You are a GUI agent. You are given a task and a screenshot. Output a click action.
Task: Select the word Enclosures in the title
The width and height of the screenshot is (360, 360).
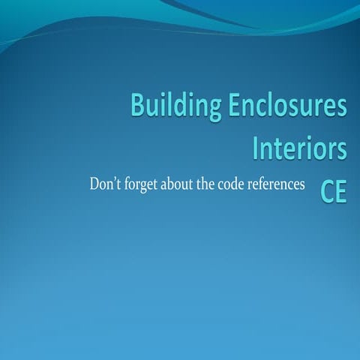287,107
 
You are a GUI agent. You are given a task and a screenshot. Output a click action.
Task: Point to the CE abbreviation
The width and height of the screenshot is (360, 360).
334,190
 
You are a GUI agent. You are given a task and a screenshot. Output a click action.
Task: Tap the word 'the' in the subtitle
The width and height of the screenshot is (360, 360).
207,184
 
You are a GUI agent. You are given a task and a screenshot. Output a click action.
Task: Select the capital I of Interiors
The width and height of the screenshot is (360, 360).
256,147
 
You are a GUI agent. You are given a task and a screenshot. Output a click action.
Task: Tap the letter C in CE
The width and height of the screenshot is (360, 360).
327,190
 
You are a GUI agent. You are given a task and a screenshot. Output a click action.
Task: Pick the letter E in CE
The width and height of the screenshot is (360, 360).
341,190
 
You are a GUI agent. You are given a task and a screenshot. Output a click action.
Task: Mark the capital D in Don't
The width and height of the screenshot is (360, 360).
94,184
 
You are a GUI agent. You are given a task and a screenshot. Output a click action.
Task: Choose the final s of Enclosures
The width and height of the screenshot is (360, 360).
341,109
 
